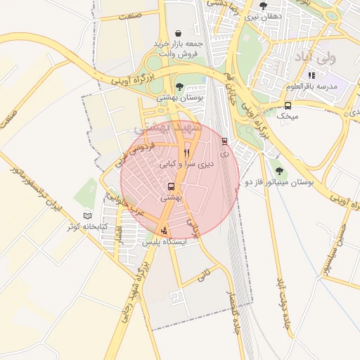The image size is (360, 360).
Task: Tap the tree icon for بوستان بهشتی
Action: (179, 86)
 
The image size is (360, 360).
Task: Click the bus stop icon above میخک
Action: (288, 105)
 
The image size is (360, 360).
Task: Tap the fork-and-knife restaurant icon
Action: (186, 152)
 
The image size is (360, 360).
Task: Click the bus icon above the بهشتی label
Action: (171, 187)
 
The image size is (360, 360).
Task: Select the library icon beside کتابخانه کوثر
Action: (87, 215)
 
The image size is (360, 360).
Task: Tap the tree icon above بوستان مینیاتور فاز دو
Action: (279, 171)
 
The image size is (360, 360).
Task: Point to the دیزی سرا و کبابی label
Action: (186, 164)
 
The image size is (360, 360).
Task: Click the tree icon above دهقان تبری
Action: (263, 6)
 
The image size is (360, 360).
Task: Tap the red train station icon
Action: (224, 141)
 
